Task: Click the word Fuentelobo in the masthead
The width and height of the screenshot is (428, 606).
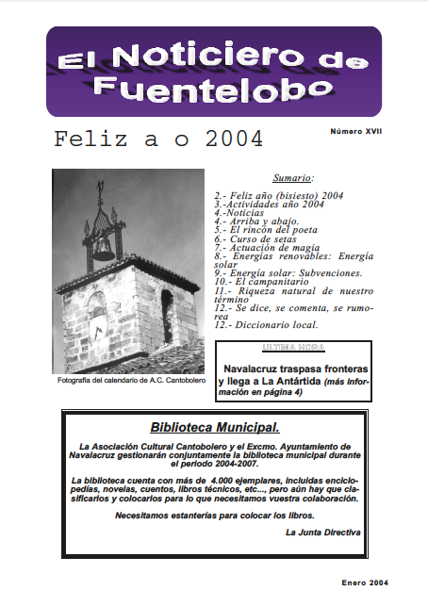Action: [x=213, y=88]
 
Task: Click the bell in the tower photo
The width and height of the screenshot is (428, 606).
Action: [x=103, y=249]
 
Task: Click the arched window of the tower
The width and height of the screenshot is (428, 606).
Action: [x=168, y=315]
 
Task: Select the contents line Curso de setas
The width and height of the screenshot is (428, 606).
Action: [x=257, y=239]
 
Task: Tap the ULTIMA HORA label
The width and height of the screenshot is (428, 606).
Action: [x=292, y=349]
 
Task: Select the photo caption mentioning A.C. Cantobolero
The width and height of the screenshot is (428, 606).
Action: [x=127, y=381]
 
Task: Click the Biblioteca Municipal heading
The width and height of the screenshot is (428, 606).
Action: [x=213, y=428]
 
